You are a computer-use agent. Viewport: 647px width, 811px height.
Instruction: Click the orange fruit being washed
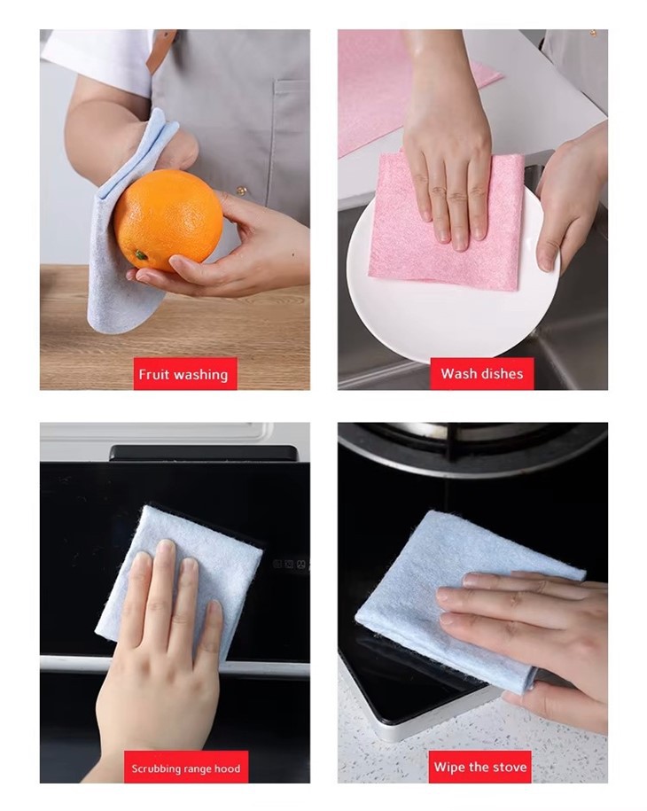[x=168, y=220]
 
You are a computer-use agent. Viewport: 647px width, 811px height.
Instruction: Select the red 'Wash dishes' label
[x=481, y=373]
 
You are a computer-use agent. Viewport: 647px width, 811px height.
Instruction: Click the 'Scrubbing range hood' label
[x=185, y=768]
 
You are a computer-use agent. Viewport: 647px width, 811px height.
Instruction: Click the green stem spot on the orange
[x=140, y=255]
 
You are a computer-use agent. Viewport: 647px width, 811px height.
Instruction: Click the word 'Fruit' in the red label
[x=154, y=374]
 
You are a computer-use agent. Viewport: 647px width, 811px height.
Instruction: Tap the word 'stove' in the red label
[x=508, y=767]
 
